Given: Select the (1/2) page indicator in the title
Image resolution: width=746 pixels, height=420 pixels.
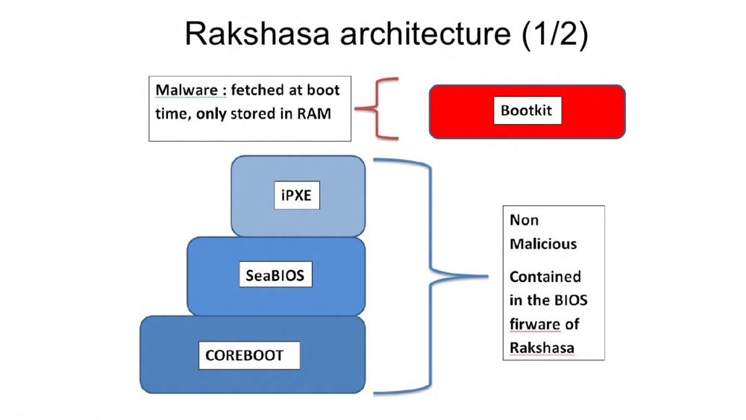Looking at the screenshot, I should tap(554, 34).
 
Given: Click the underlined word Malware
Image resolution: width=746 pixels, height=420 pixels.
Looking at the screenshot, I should tap(186, 90).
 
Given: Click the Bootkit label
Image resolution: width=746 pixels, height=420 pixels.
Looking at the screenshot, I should tap(527, 110).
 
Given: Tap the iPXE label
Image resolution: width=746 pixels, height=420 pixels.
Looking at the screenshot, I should tap(297, 195).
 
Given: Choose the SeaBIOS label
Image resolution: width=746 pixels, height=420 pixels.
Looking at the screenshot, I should tap(275, 275).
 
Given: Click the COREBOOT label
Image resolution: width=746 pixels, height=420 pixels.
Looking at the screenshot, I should tap(244, 355).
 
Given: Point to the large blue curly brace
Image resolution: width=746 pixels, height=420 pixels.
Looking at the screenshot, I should tap(433, 276).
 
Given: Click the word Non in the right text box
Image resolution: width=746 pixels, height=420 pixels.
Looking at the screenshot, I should tap(524, 220).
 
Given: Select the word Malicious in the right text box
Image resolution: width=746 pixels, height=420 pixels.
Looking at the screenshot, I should tap(543, 244).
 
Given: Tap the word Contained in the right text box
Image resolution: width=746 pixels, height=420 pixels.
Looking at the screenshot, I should tap(545, 277).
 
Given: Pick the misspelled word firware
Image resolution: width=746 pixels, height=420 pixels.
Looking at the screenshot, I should tap(534, 325).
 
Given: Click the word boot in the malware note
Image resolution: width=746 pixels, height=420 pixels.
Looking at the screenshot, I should tap(325, 90).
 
